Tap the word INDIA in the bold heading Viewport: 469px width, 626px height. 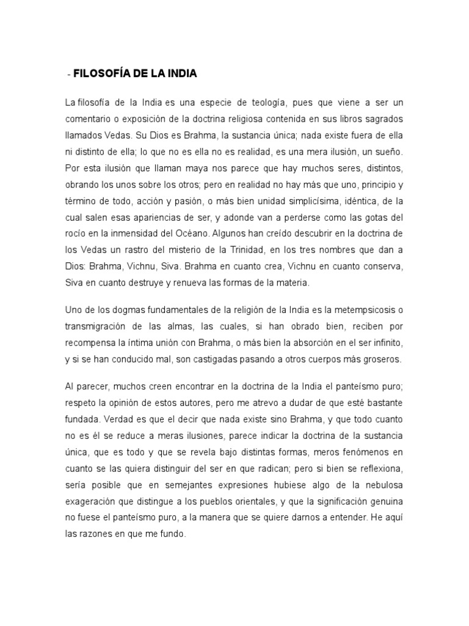point(178,74)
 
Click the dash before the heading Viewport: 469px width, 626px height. point(68,75)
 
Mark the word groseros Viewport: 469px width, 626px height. point(382,359)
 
